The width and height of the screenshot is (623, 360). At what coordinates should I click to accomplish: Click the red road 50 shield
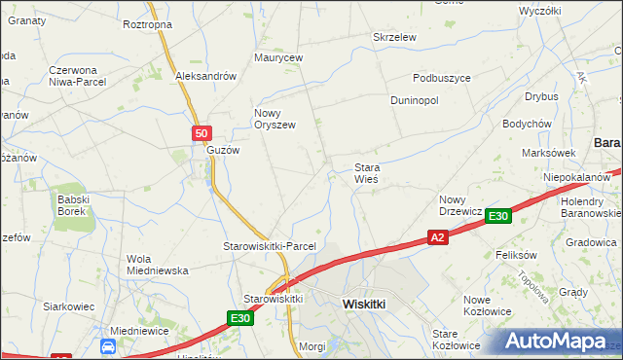[201, 133]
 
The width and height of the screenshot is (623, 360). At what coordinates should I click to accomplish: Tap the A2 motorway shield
[438, 236]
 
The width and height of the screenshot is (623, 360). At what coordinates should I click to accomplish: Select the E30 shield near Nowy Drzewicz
[498, 216]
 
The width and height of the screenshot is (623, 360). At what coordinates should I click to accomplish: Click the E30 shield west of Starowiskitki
[241, 317]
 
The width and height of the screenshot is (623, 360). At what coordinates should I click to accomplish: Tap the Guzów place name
[222, 151]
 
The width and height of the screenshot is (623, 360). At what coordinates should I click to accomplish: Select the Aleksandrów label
[206, 76]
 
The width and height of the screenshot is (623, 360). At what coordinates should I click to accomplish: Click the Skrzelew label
[395, 37]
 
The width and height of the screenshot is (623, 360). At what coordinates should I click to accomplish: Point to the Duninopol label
[415, 100]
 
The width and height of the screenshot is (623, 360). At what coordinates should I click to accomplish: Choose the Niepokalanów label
[577, 177]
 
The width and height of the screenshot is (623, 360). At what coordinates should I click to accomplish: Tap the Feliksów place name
[517, 255]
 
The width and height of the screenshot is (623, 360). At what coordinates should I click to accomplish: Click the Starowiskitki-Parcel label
[271, 246]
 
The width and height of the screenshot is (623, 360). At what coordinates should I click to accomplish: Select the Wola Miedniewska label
[157, 265]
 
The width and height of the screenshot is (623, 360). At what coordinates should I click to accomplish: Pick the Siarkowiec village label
[68, 306]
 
